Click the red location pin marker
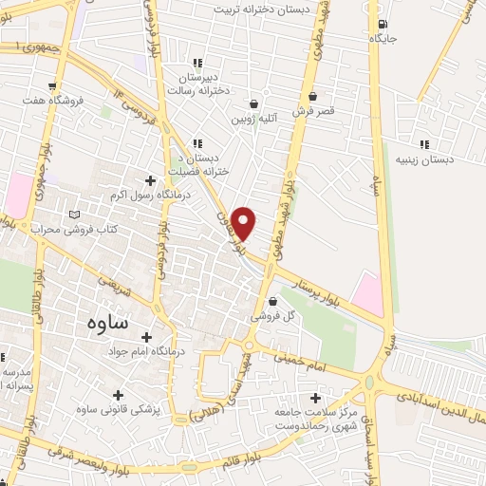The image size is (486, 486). click(245, 221)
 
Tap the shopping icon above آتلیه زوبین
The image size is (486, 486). click(254, 104)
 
